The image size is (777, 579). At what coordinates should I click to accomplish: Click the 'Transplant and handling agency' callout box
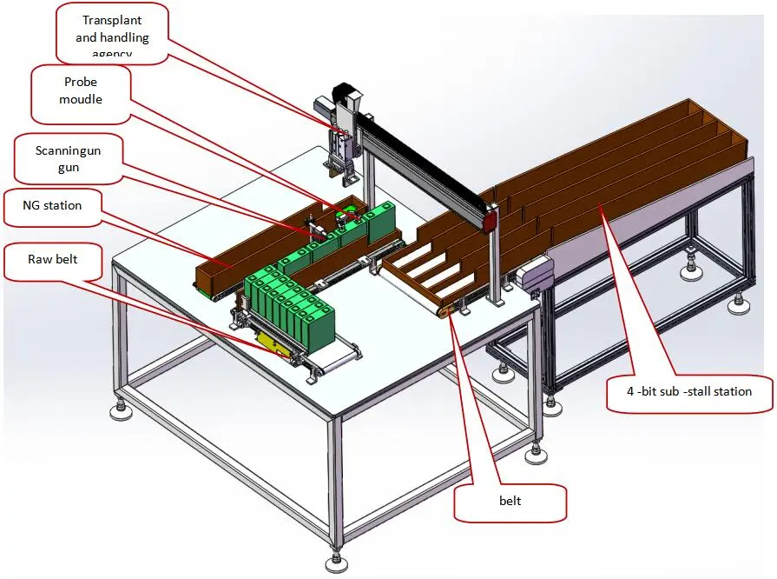point(113,34)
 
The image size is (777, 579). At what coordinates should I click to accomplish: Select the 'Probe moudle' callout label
point(81,90)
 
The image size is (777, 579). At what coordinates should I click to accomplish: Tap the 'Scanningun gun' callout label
point(68,158)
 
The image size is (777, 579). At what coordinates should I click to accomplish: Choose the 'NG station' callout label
point(53,206)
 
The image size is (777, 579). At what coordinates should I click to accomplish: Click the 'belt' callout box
point(510,502)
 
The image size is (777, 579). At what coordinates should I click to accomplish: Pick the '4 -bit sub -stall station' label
point(689,391)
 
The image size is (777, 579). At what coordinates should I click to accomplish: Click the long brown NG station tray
point(252,252)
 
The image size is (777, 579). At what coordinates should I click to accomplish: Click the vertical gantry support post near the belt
point(496,261)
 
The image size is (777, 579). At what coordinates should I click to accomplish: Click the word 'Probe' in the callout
point(81,83)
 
